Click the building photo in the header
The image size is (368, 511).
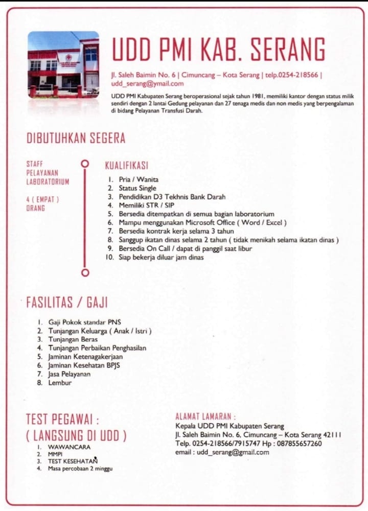click(63, 64)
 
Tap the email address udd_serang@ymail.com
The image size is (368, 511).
click(147, 84)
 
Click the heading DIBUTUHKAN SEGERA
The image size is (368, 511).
click(76, 138)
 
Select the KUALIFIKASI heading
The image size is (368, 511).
click(126, 166)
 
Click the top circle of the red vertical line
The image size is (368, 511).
click(85, 164)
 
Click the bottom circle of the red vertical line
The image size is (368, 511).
click(85, 272)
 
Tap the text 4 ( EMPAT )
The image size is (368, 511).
click(42, 199)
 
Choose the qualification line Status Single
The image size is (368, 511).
click(137, 188)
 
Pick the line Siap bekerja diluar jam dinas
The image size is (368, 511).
click(161, 258)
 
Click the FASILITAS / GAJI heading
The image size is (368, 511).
click(66, 303)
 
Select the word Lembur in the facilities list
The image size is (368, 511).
click(60, 383)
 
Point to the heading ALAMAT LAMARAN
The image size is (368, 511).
click(205, 416)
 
